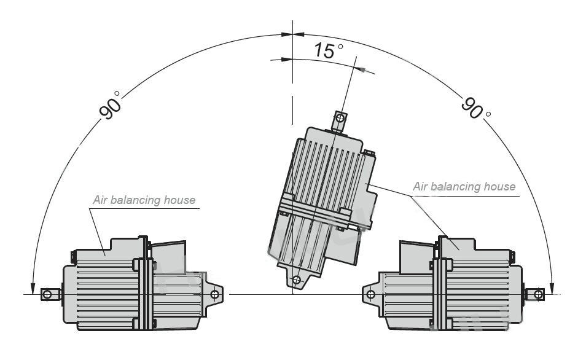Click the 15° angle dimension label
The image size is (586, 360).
click(x=328, y=50)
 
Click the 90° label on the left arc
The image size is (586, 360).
click(x=110, y=105)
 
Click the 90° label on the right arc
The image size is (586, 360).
click(x=476, y=108)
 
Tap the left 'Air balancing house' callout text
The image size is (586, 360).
click(x=144, y=200)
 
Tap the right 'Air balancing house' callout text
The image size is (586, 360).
click(x=464, y=186)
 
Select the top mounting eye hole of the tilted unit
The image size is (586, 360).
click(x=340, y=119)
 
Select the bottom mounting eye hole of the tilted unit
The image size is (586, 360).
click(x=297, y=280)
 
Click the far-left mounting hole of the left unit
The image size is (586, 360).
click(x=47, y=294)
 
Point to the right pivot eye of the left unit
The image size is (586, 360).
click(x=215, y=294)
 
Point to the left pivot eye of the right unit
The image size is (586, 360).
click(x=371, y=294)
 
